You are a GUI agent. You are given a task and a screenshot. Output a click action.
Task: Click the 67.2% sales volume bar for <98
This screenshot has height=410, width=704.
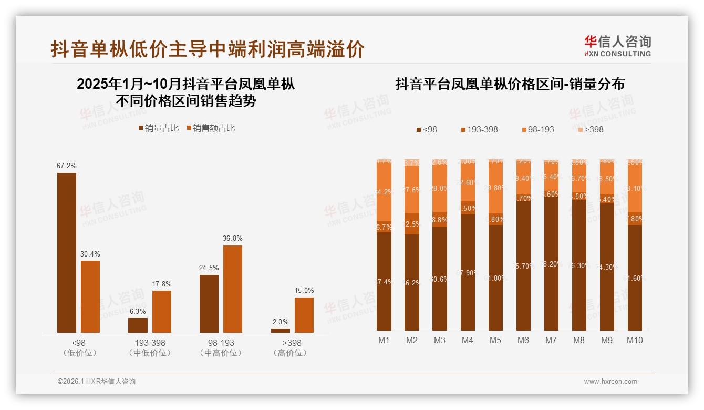67,252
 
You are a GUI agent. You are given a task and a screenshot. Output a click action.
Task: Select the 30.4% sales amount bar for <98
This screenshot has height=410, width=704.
90,296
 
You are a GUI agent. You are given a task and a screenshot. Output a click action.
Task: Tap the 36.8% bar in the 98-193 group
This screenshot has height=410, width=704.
233,289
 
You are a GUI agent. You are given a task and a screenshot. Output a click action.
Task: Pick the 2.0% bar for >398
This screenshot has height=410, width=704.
281,330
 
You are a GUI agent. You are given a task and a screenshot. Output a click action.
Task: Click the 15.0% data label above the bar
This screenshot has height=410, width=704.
304,290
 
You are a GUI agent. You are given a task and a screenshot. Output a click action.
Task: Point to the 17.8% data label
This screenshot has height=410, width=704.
162,284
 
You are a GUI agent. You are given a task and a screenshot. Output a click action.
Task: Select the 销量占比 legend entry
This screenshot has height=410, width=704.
159,128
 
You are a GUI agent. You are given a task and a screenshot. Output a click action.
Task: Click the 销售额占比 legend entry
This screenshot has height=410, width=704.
210,128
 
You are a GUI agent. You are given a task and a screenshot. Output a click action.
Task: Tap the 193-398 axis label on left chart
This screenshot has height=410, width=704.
150,343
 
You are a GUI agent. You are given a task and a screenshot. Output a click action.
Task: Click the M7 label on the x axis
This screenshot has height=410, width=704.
551,340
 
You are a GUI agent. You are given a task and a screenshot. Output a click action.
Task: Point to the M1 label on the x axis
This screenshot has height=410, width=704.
384,340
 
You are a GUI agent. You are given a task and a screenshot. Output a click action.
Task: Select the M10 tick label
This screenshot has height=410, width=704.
635,340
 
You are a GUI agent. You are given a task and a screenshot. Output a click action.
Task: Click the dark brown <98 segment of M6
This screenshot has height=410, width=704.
523,265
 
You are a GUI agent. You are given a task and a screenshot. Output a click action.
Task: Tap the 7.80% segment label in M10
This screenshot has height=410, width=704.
635,219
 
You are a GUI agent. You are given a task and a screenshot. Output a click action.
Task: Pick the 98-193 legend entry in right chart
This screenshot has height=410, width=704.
538,129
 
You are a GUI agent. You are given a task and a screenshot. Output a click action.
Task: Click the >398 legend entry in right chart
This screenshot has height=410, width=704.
591,129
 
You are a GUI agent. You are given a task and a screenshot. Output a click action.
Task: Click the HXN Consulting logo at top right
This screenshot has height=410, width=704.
617,46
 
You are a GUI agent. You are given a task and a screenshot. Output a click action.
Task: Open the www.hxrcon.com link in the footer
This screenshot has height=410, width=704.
610,382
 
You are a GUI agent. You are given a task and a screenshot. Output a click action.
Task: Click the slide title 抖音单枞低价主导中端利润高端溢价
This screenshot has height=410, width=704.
208,49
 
